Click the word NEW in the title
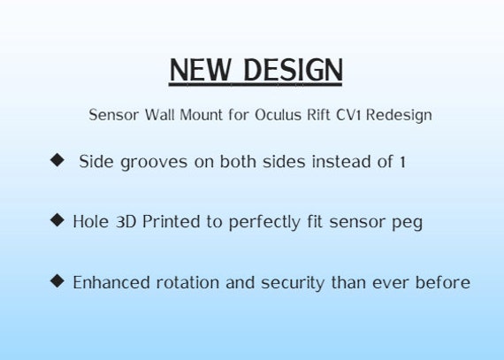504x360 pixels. pyautogui.click(x=200, y=70)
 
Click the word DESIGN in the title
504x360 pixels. pyautogui.click(x=294, y=70)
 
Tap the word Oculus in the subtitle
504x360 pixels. pyautogui.click(x=279, y=115)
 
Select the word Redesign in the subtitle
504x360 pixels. pyautogui.click(x=399, y=115)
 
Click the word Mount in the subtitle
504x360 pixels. pyautogui.click(x=202, y=115)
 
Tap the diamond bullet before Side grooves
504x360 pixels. pyautogui.click(x=57, y=160)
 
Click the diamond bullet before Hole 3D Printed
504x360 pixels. pyautogui.click(x=57, y=220)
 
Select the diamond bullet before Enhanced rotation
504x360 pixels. pyautogui.click(x=57, y=281)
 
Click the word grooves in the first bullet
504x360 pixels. pyautogui.click(x=154, y=163)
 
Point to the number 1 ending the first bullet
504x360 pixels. pyautogui.click(x=402, y=162)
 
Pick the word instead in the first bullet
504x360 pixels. pyautogui.click(x=341, y=161)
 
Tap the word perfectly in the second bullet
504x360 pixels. pyautogui.click(x=264, y=222)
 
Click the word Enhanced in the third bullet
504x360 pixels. pyautogui.click(x=111, y=282)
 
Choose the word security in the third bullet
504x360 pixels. pyautogui.click(x=293, y=284)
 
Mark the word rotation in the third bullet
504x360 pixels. pyautogui.click(x=187, y=282)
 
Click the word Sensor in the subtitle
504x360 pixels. pyautogui.click(x=114, y=115)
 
